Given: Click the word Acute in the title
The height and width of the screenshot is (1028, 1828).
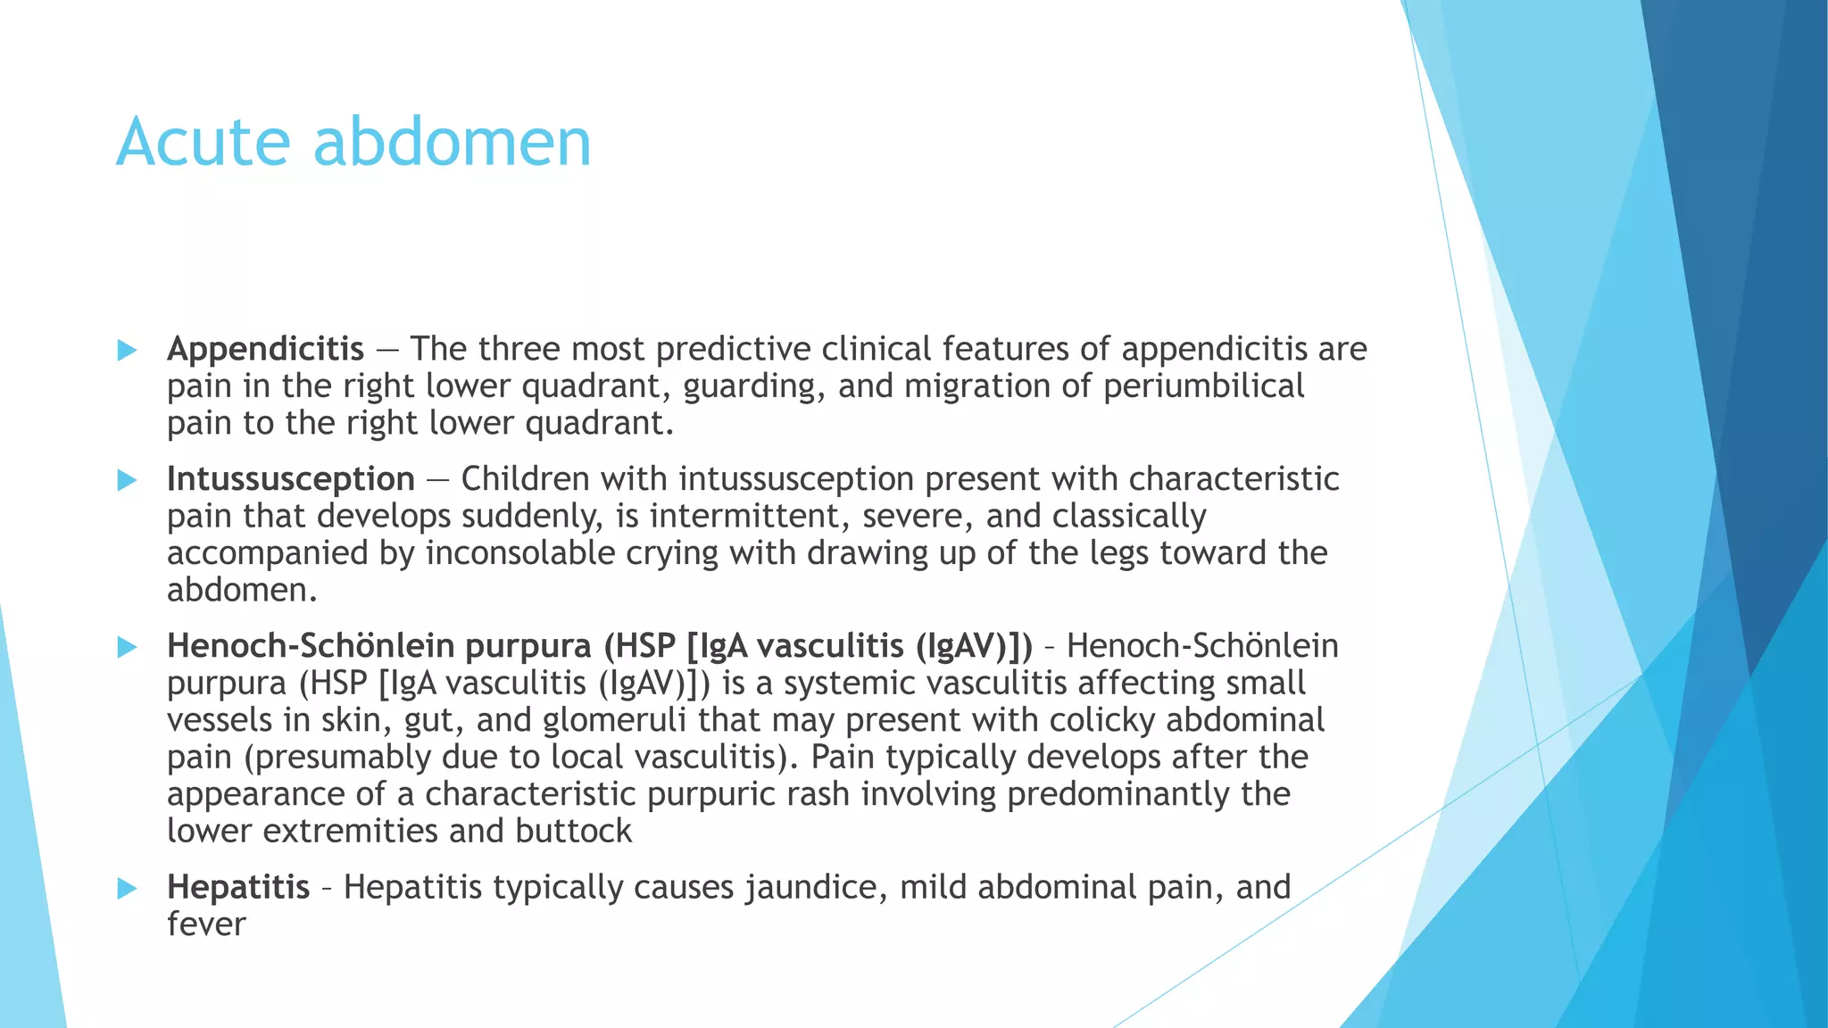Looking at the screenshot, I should [x=204, y=143].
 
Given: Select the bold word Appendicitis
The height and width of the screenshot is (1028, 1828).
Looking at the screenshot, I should [x=265, y=349].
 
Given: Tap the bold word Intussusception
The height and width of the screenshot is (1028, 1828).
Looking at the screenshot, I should [x=290, y=479].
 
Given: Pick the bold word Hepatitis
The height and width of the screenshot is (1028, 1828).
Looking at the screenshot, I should [x=238, y=887].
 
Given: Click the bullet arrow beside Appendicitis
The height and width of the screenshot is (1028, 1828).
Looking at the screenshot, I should [x=127, y=351].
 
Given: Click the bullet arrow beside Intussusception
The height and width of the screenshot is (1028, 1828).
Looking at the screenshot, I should [x=127, y=481].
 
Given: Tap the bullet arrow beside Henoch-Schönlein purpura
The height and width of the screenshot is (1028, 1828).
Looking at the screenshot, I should [x=127, y=647].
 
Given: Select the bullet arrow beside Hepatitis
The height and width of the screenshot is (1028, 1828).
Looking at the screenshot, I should [x=127, y=889].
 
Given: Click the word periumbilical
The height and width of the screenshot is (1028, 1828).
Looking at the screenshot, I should [x=1203, y=386].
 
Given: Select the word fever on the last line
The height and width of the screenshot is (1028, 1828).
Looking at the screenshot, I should [x=205, y=924].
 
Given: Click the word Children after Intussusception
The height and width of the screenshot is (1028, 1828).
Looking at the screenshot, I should [x=524, y=479].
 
